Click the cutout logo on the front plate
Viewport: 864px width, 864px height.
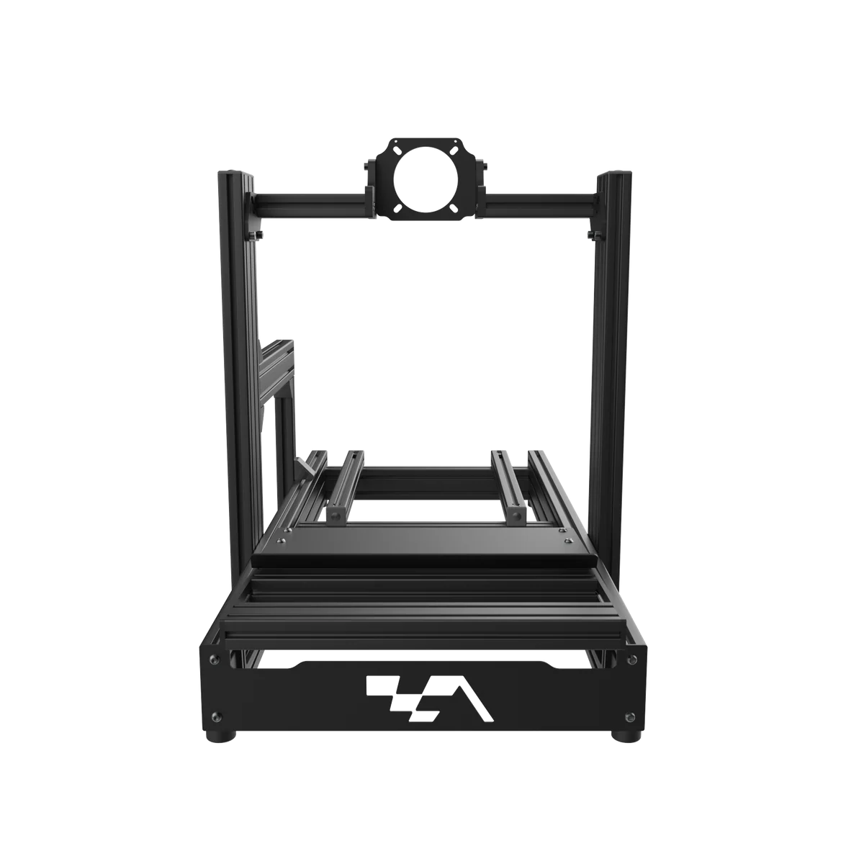[430, 698]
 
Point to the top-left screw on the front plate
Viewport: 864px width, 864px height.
[212, 659]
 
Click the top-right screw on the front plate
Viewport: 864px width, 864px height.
[636, 659]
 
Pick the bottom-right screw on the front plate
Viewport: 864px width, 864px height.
[631, 716]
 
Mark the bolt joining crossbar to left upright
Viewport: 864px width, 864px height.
[255, 234]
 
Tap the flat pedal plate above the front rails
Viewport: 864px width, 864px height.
[425, 549]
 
